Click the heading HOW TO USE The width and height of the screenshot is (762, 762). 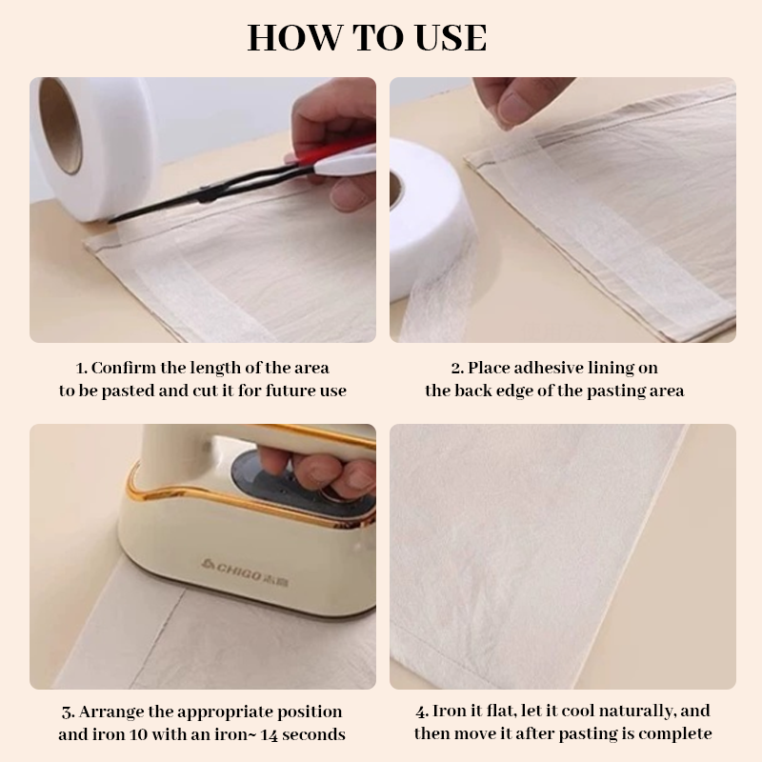[x=367, y=37]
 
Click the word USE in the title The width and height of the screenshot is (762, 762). [x=449, y=37]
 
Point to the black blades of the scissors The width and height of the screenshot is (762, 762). [x=190, y=201]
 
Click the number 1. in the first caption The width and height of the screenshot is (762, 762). [x=81, y=368]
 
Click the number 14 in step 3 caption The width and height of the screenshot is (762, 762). [x=264, y=734]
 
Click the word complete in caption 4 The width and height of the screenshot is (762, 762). [x=677, y=733]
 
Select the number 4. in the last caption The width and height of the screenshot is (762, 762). [x=422, y=712]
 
